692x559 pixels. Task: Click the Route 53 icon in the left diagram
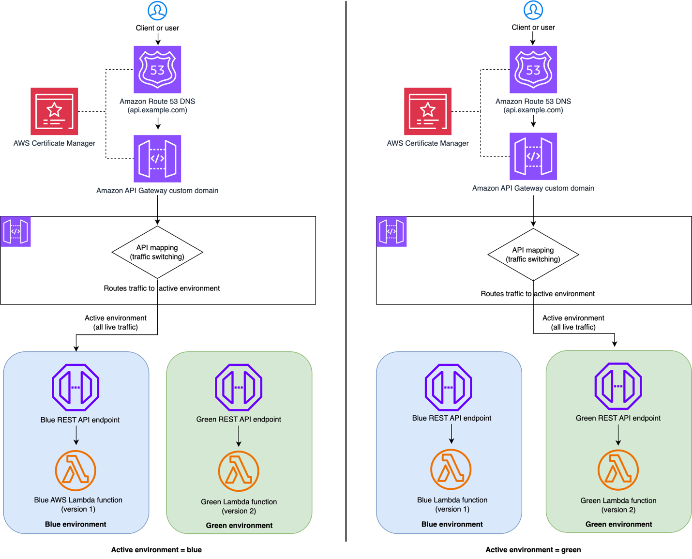point(157,70)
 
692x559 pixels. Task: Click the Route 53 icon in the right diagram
point(533,70)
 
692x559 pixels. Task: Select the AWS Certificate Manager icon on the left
point(54,111)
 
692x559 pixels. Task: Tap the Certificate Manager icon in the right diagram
point(428,111)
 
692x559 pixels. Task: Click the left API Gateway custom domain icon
point(157,158)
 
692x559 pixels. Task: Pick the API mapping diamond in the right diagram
point(533,255)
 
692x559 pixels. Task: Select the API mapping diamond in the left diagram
point(157,252)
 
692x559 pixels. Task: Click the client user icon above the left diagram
point(157,10)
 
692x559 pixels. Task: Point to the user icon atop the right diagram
point(533,10)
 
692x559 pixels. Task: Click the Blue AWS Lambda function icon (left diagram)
point(75,470)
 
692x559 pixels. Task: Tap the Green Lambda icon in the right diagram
point(618,470)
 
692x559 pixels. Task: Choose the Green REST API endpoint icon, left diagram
point(239,387)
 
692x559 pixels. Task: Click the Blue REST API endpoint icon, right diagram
point(448,387)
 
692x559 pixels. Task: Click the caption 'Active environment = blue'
point(156,550)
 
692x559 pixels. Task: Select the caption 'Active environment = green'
point(533,550)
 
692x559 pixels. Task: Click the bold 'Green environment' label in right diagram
point(618,524)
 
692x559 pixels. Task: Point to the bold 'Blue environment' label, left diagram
point(75,524)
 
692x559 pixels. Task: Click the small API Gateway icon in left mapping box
point(15,231)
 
